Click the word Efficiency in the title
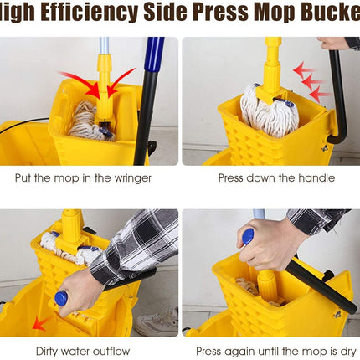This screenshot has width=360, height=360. click(89, 12)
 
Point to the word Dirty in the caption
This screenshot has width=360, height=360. click(47, 352)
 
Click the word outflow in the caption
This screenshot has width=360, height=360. click(111, 351)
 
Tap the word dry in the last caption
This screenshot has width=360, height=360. click(348, 352)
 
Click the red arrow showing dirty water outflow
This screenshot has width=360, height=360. click(41, 324)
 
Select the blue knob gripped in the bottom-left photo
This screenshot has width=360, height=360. click(61, 298)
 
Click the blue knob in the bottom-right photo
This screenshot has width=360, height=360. click(248, 237)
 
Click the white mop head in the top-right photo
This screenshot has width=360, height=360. click(269, 111)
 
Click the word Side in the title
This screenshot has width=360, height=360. click(166, 12)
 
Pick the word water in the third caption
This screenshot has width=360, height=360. click(75, 351)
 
